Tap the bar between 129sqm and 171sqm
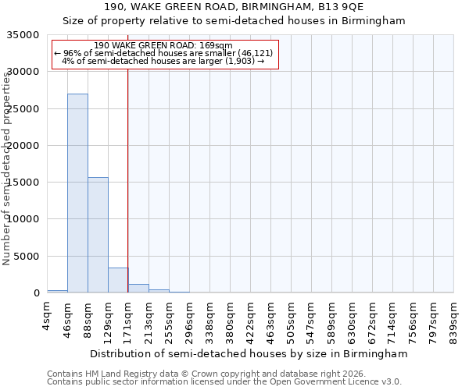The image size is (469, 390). (x=118, y=280)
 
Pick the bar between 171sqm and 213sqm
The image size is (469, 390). (x=138, y=289)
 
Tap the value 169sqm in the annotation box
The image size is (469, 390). (x=217, y=46)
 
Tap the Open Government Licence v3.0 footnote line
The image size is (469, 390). (x=224, y=382)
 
